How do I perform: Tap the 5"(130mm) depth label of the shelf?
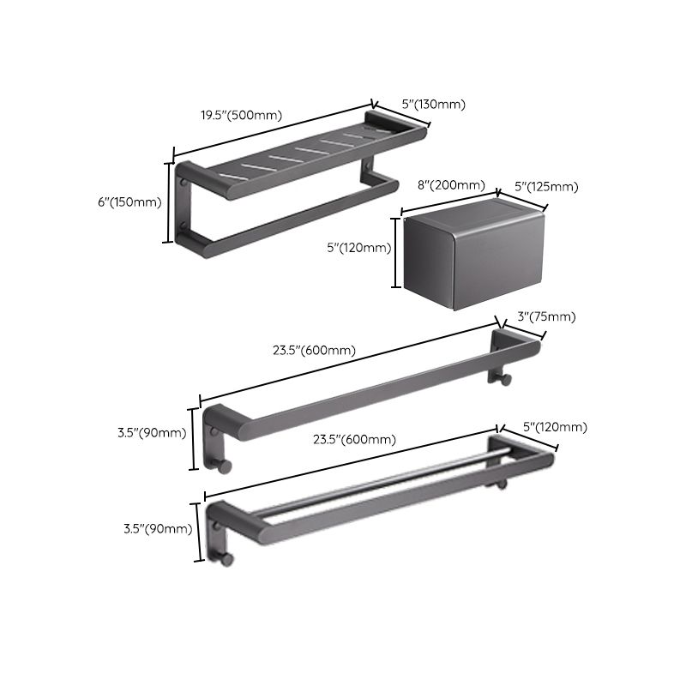433,105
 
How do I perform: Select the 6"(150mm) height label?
129,202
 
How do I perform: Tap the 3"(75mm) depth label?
545,317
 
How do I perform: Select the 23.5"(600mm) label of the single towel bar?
315,350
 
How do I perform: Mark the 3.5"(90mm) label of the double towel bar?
158,528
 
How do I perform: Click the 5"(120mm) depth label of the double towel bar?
556,427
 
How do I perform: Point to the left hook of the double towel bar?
226,559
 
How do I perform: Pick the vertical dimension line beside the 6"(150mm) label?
169,202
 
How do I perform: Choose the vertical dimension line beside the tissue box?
395,253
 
